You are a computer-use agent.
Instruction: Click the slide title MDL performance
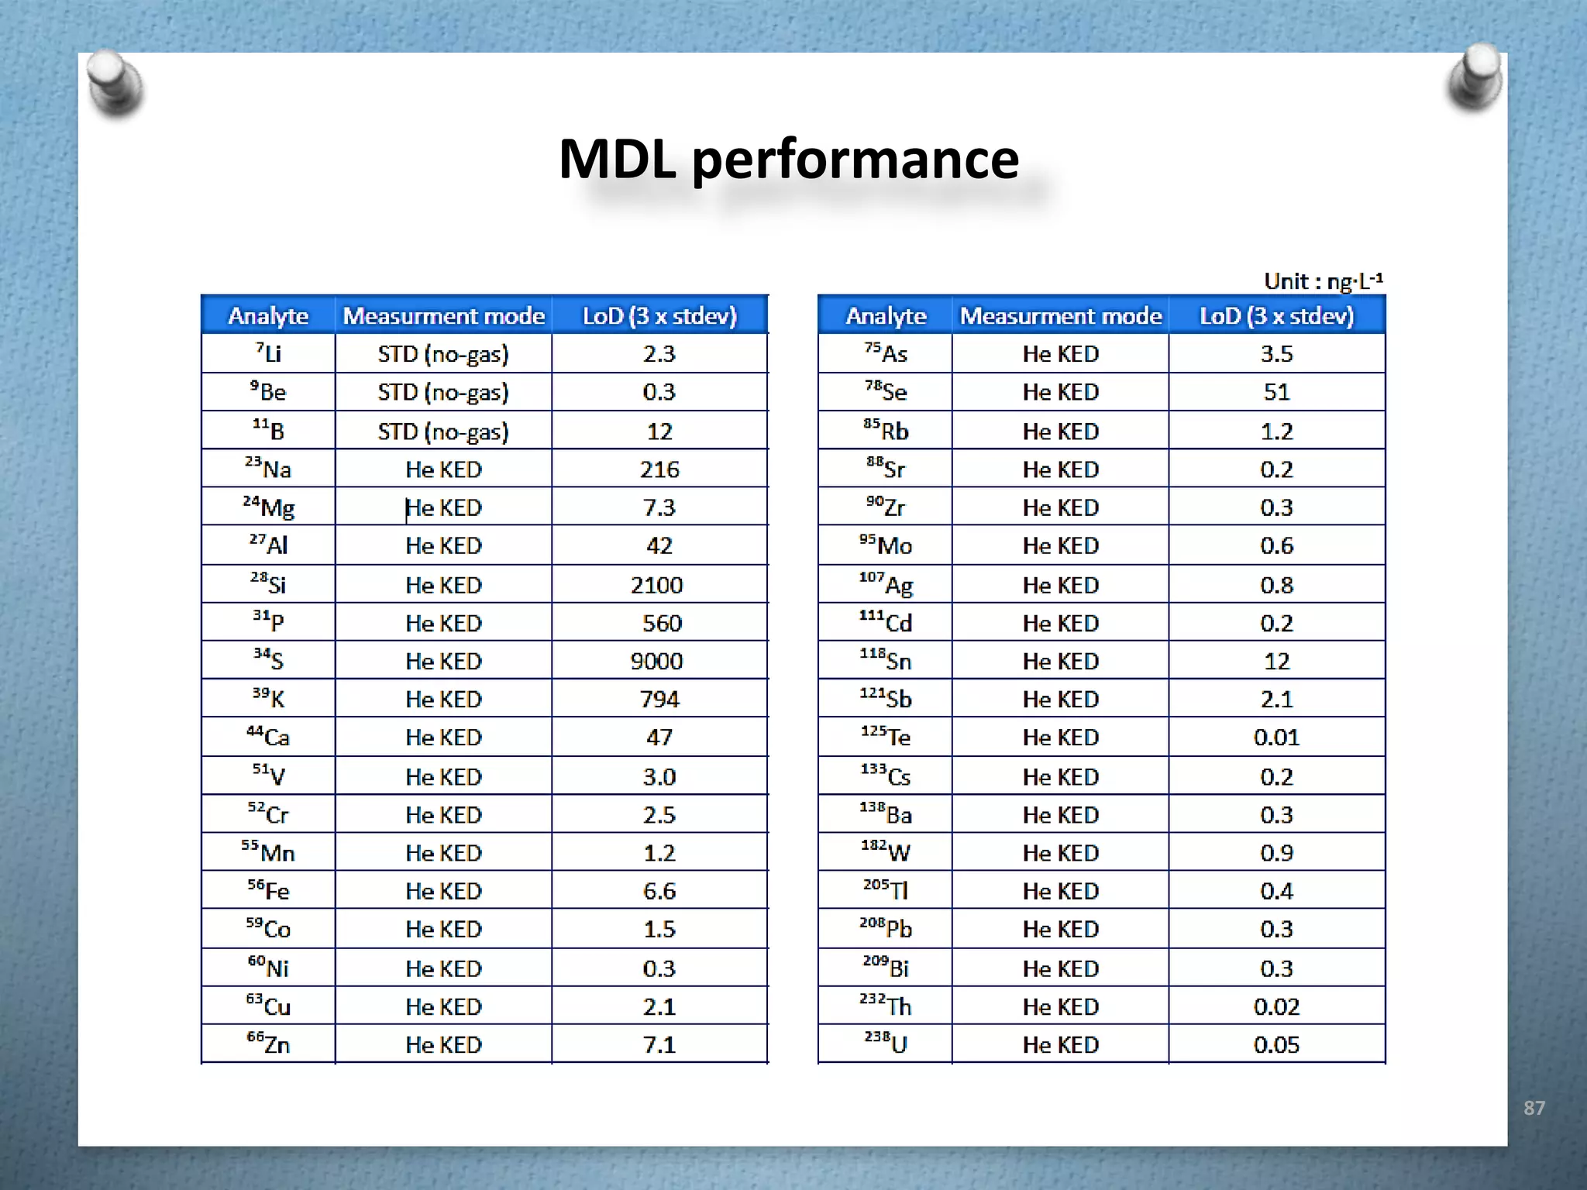tap(789, 159)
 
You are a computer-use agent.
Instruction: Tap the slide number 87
tap(1534, 1108)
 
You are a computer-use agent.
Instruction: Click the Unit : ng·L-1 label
tap(1323, 280)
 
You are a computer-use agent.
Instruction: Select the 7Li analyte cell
tap(268, 353)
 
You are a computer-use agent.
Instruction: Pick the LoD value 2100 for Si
tap(657, 585)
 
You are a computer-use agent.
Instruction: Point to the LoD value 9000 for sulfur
tap(657, 661)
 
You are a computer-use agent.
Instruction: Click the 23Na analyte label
tap(268, 469)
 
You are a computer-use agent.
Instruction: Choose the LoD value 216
tap(659, 469)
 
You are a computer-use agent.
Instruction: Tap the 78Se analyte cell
tap(886, 391)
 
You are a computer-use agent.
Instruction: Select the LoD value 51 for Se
tap(1276, 392)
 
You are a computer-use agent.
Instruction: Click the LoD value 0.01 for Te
tap(1276, 737)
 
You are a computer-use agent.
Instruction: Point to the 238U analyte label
tap(886, 1044)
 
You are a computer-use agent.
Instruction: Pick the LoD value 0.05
tap(1276, 1044)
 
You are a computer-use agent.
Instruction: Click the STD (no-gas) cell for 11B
tap(443, 431)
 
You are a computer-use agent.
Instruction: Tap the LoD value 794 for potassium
tap(659, 699)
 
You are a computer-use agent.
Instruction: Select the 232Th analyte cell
tap(886, 1006)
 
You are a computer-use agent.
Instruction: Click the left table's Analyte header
tap(268, 315)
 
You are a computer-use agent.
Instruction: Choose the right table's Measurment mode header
tap(1061, 315)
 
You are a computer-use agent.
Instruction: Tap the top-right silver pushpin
tap(1475, 77)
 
